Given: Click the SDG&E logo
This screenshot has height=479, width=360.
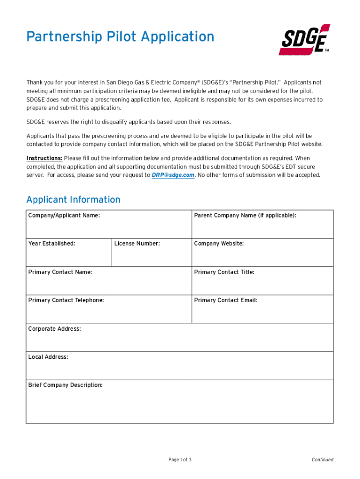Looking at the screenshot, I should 304,40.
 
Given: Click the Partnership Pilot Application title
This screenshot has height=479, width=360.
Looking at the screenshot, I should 120,36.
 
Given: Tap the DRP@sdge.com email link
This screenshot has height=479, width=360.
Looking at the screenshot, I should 173,175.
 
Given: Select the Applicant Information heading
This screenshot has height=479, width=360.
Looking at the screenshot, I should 73,200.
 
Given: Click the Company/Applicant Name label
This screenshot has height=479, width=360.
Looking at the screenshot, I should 64,215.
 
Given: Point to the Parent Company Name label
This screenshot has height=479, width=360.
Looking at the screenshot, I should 245,215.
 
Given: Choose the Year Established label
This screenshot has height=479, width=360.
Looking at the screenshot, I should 51,243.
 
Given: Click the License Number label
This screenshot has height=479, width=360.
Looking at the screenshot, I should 137,243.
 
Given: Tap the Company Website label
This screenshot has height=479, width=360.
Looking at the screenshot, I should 219,243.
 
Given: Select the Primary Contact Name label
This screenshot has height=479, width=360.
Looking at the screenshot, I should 60,272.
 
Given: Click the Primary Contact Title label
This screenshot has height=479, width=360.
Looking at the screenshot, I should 224,272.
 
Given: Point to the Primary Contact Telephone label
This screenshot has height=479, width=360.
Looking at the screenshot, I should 66,300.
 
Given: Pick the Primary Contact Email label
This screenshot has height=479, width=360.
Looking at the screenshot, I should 225,300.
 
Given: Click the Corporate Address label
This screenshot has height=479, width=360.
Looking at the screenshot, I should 54,329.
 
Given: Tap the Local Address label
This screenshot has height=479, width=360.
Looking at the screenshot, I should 48,357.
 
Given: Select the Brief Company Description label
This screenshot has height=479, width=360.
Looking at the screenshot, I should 65,385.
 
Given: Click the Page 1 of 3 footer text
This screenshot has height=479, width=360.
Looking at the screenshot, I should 180,460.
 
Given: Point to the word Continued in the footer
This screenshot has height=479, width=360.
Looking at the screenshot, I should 323,460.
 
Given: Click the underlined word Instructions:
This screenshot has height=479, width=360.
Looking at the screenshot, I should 44,158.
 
